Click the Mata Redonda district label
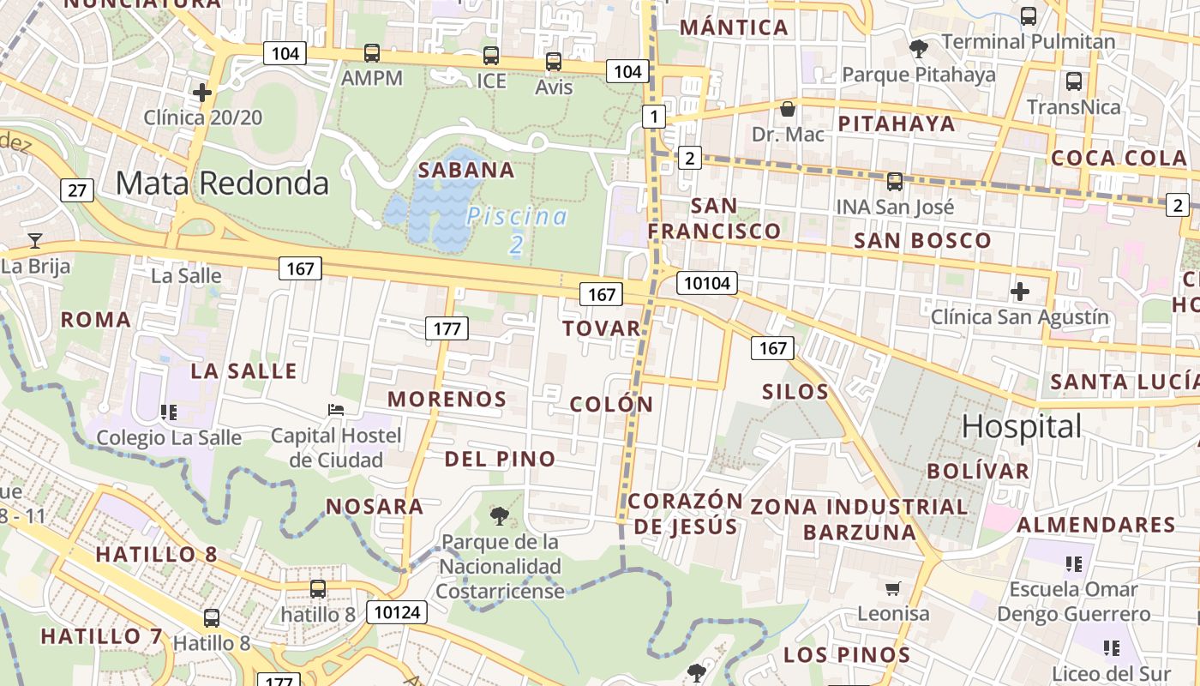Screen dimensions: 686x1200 coord(222,184)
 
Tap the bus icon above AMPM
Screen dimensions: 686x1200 coord(372,53)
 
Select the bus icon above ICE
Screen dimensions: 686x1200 coord(491,56)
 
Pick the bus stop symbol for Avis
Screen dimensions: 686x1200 coord(554,62)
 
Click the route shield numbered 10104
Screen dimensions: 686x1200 coord(707,283)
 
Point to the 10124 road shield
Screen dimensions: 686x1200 coord(396,612)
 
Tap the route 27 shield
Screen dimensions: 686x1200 coord(77,190)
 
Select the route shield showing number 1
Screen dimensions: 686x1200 coord(654,117)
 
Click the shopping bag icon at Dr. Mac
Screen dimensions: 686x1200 coord(787,109)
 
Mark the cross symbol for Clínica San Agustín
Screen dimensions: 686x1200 coord(1019,292)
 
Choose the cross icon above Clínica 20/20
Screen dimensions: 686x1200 coord(202,92)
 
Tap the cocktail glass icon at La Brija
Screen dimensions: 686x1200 coord(35,240)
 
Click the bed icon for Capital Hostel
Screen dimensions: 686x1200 coord(336,410)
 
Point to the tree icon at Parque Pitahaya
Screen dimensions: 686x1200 coord(919,49)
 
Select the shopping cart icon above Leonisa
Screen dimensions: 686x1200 coord(893,588)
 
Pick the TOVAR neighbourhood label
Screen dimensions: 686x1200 coord(602,328)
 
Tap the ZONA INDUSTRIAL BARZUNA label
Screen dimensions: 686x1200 coord(860,519)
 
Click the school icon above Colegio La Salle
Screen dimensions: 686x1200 coord(169,412)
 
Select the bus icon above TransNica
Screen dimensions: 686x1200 coord(1073,81)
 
